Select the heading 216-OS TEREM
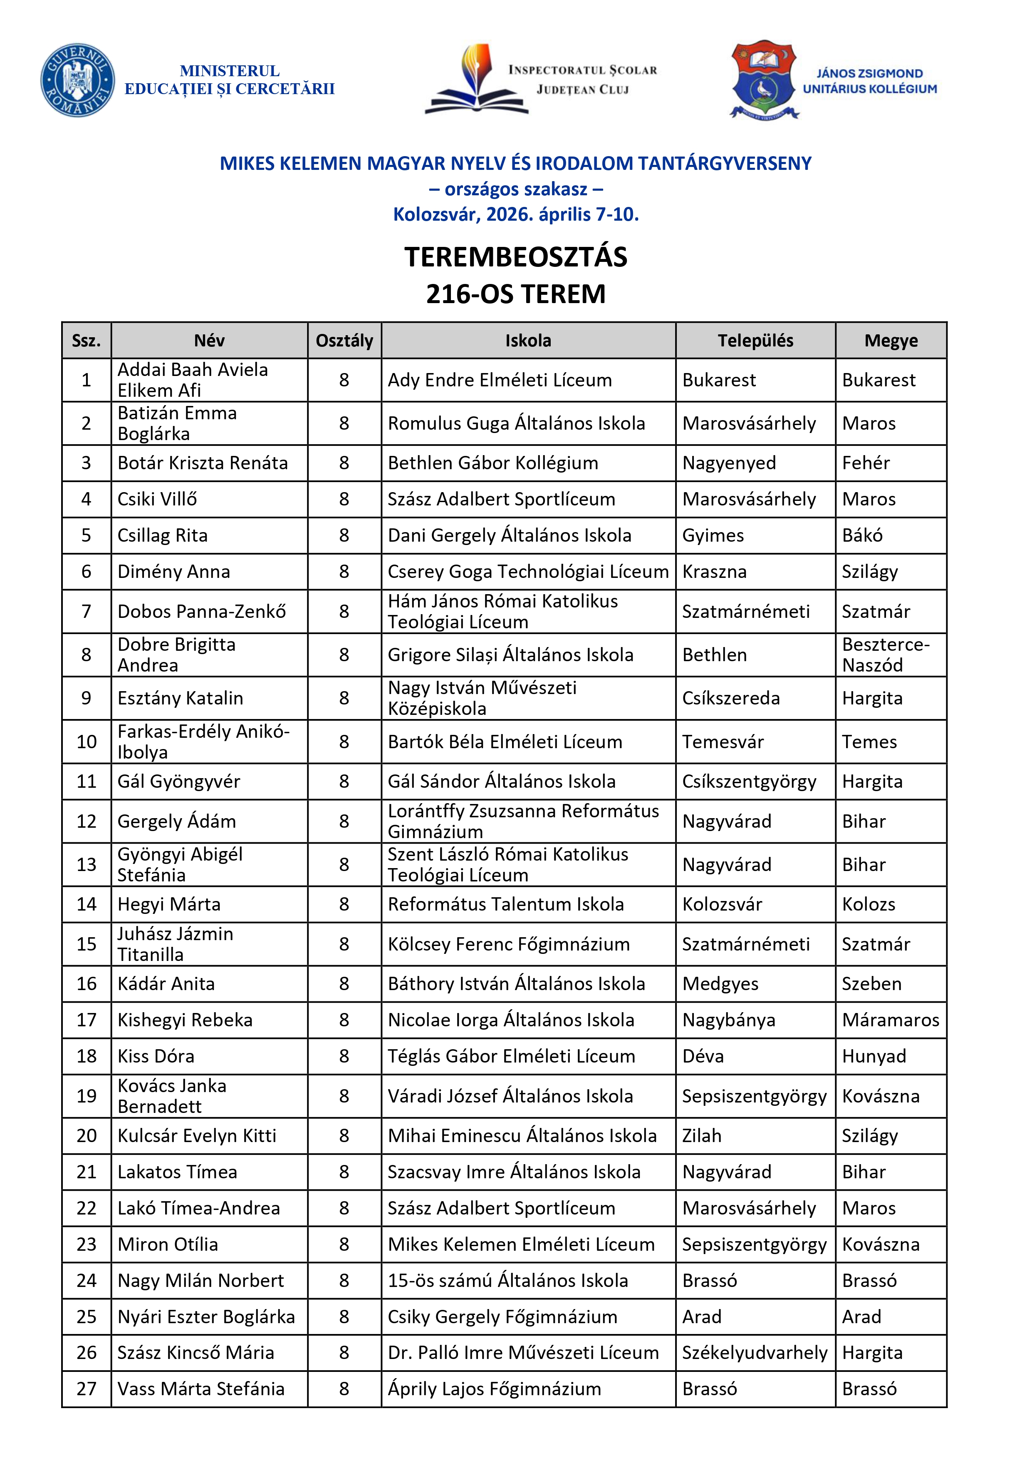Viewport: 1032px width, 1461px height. point(516,294)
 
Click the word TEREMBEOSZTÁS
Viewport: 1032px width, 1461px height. point(516,257)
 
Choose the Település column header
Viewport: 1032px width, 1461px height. point(755,341)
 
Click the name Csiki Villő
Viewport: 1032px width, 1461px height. point(157,499)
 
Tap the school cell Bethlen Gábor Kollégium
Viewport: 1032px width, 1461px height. point(493,463)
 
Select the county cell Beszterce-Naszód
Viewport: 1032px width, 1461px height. point(886,655)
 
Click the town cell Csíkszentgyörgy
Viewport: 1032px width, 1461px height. point(749,782)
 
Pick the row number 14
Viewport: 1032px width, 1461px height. point(87,904)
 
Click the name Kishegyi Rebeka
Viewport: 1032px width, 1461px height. point(185,1020)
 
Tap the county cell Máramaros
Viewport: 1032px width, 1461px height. point(890,1020)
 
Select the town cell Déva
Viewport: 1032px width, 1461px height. point(703,1056)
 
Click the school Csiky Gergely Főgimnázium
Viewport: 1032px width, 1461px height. point(502,1317)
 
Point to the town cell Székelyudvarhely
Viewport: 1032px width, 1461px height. point(755,1353)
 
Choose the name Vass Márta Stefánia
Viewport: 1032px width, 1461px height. point(201,1389)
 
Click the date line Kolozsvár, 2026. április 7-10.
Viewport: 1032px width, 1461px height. point(516,214)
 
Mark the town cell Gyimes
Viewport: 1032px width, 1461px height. point(713,535)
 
